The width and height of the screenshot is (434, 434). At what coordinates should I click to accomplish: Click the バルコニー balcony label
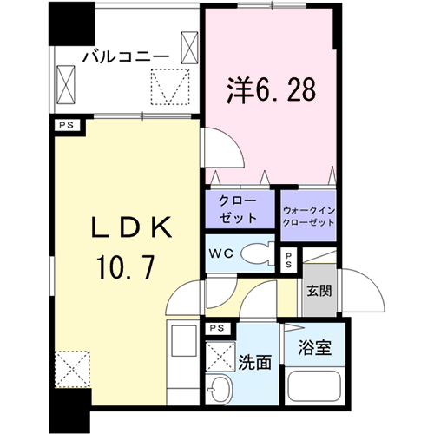(126, 56)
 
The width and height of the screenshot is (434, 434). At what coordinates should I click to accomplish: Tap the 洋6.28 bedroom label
(271, 90)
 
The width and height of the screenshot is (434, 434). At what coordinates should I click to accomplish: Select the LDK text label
(131, 227)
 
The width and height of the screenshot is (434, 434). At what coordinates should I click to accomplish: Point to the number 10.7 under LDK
(126, 267)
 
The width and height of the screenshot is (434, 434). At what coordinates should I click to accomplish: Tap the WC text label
(221, 253)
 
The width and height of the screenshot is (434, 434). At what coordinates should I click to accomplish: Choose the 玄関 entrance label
(319, 291)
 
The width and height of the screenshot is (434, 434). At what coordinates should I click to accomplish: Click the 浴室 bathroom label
(315, 347)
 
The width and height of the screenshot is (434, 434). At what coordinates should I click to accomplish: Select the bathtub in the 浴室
(315, 385)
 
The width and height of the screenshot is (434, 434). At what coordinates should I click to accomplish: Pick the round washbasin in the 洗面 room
(220, 390)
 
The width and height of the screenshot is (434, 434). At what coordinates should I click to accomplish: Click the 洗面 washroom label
(254, 363)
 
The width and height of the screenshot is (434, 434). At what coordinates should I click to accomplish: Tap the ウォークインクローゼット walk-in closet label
(309, 216)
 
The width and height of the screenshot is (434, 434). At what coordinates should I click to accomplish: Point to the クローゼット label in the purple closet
(238, 209)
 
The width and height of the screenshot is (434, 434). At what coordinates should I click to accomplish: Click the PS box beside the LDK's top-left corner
(67, 126)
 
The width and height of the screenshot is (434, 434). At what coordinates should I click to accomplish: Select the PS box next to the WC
(288, 260)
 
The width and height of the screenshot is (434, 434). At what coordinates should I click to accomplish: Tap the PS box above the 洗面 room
(218, 328)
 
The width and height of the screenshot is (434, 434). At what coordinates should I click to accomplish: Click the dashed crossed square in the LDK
(73, 369)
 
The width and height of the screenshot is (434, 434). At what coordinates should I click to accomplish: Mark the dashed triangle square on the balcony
(170, 87)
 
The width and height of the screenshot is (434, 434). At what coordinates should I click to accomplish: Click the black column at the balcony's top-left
(71, 23)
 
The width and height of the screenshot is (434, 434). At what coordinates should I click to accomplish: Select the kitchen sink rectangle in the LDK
(184, 341)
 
